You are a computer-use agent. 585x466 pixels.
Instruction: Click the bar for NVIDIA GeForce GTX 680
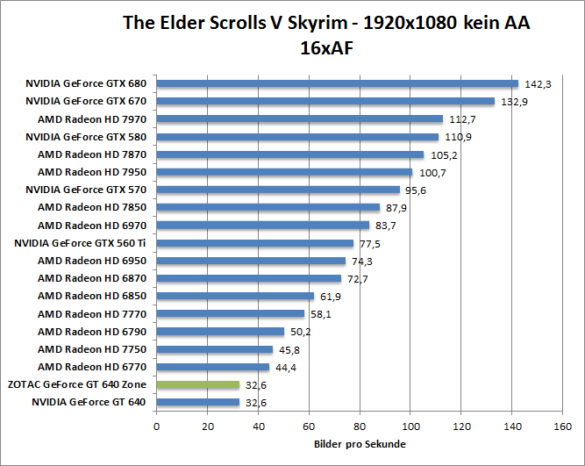pyautogui.click(x=338, y=84)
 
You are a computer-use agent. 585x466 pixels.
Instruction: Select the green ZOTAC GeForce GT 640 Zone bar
pyautogui.click(x=198, y=384)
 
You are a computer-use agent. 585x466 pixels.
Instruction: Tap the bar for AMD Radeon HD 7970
pyautogui.click(x=300, y=119)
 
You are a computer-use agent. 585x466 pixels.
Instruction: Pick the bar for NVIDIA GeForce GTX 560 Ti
pyautogui.click(x=255, y=243)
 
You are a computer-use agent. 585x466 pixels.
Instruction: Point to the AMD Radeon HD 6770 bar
pyautogui.click(x=213, y=367)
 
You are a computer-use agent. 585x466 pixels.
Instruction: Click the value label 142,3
pyautogui.click(x=537, y=84)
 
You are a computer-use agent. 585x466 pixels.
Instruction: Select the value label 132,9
pyautogui.click(x=513, y=102)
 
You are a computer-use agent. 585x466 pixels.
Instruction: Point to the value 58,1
pyautogui.click(x=320, y=314)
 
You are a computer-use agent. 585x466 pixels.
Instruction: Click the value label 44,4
pyautogui.click(x=285, y=367)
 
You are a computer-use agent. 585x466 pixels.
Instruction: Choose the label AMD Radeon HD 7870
pyautogui.click(x=92, y=154)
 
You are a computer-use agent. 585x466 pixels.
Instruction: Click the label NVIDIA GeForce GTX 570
pyautogui.click(x=86, y=190)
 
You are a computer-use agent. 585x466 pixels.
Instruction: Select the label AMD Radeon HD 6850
pyautogui.click(x=92, y=296)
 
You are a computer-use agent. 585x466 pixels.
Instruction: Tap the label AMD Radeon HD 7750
pyautogui.click(x=92, y=349)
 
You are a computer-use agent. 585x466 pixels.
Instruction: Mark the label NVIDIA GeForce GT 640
pyautogui.click(x=89, y=402)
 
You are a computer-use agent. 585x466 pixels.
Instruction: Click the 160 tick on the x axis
pyautogui.click(x=562, y=427)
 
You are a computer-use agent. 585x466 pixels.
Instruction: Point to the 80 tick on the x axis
pyautogui.click(x=360, y=427)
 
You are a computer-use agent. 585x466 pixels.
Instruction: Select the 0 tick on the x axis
pyautogui.click(x=157, y=427)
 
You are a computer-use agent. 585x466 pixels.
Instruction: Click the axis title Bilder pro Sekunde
pyautogui.click(x=360, y=444)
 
